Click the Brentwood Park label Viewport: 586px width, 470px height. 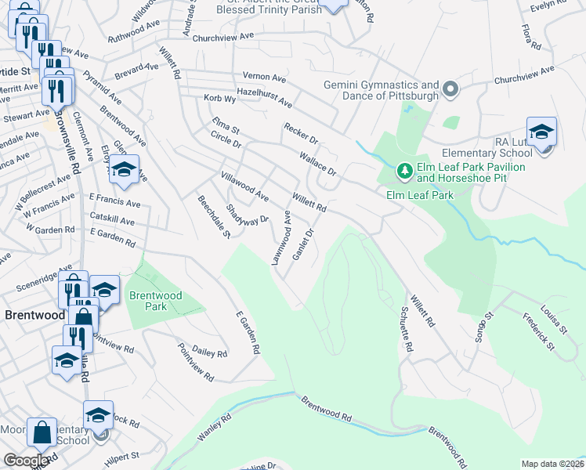(x=147, y=301)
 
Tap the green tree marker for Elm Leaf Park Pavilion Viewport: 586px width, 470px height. (x=404, y=170)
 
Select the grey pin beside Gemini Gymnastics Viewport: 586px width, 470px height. (x=450, y=90)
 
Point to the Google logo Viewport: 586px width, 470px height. (x=26, y=461)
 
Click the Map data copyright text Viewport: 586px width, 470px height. (x=552, y=464)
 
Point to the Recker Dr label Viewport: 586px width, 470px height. (x=301, y=133)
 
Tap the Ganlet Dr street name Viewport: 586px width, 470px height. (x=302, y=244)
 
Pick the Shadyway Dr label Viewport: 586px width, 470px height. (x=247, y=213)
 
